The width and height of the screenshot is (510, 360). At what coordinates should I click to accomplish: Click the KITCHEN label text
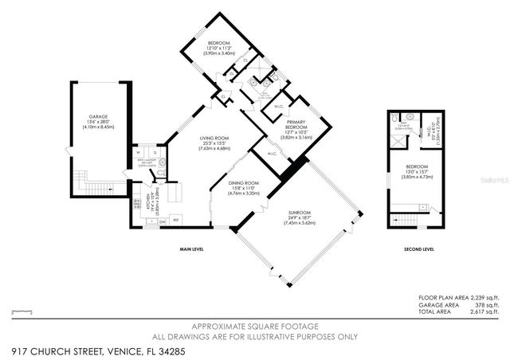147,203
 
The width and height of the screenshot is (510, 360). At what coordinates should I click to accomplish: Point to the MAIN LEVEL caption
192,249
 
